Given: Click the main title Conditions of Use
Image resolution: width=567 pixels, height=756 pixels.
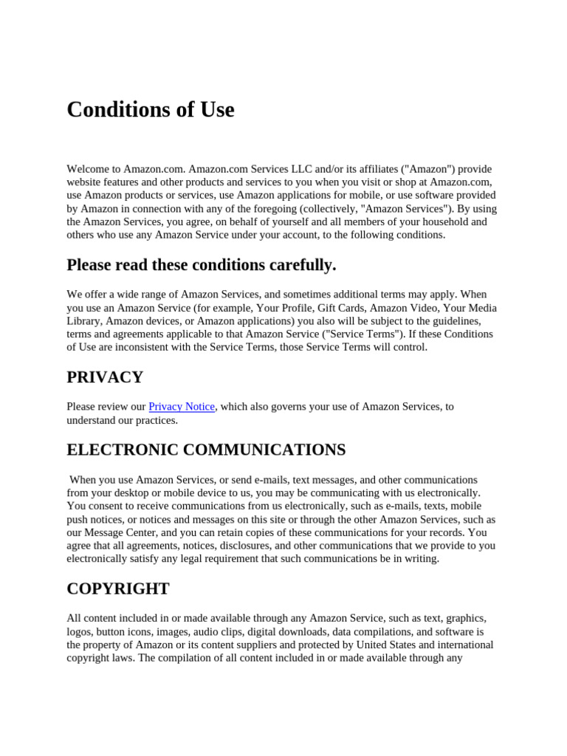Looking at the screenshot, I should click(151, 110).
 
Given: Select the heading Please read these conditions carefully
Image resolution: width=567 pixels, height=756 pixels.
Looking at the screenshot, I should click(201, 265).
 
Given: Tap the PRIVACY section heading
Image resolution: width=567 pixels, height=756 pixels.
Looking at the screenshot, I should click(105, 377).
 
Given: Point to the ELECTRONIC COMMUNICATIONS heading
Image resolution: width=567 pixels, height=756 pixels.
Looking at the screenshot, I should click(206, 450).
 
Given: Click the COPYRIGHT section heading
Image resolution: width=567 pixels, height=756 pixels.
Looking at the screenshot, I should click(118, 588).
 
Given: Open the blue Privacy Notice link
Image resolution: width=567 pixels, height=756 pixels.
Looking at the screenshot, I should click(182, 407).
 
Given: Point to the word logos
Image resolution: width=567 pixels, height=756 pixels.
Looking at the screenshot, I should click(79, 632).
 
